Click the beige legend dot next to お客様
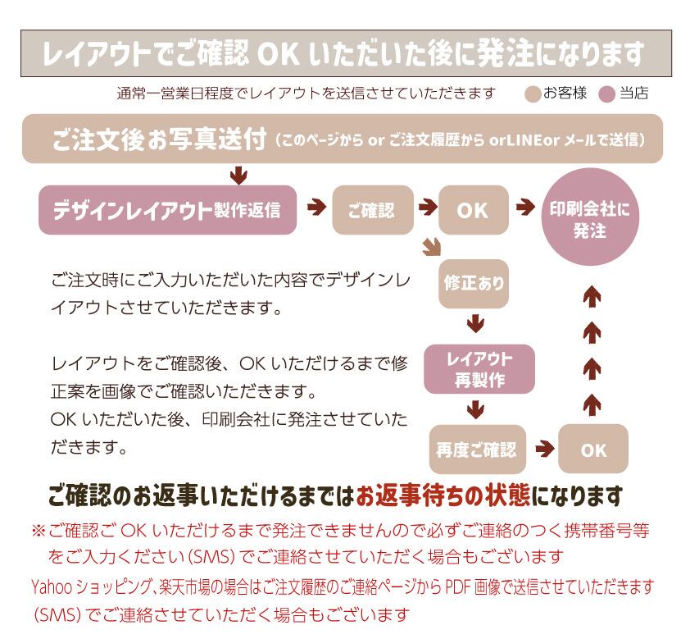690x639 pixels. click(533, 94)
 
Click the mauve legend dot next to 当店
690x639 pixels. click(607, 94)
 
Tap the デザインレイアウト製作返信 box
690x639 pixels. click(166, 211)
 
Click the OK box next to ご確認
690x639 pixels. click(473, 211)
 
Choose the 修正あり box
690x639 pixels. click(474, 284)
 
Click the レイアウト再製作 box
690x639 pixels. click(479, 368)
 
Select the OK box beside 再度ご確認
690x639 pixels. click(593, 450)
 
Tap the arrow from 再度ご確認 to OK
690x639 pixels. click(542, 449)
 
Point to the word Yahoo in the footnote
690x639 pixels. click(50, 587)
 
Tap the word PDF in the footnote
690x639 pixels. click(456, 587)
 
